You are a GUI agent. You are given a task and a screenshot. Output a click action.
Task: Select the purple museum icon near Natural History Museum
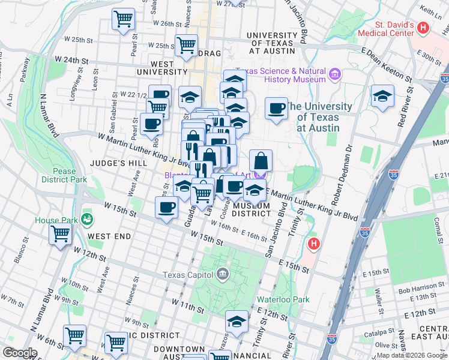335,75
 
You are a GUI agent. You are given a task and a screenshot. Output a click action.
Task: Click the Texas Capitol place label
187,275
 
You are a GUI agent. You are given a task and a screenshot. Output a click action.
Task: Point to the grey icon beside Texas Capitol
223,275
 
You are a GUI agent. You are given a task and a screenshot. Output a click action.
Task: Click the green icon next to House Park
87,218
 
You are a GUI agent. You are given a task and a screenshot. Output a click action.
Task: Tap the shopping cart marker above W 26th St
123,19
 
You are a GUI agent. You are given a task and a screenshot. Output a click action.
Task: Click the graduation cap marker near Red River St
382,96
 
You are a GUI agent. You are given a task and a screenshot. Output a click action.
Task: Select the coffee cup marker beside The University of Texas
276,109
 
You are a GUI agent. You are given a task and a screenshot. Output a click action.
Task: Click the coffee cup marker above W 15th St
166,208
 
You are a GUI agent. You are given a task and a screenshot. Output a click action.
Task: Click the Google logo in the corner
20,353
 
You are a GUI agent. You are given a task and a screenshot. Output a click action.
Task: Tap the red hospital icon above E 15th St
313,244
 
